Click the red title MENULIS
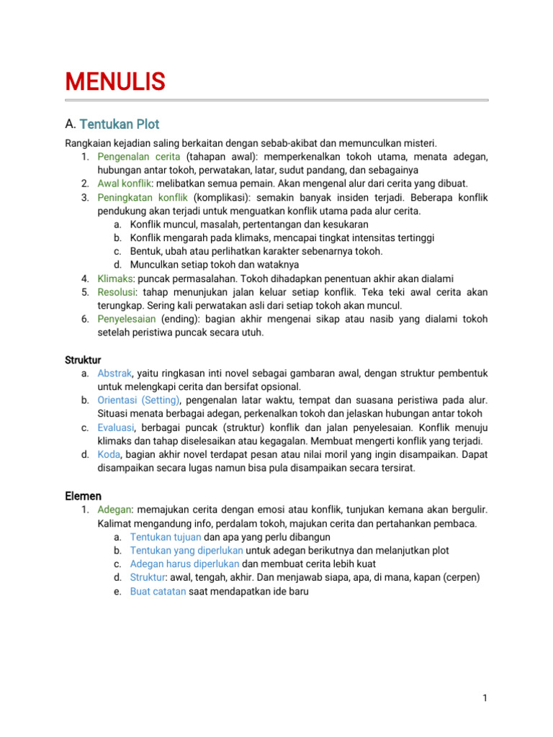[x=115, y=81]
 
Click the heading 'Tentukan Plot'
[x=120, y=124]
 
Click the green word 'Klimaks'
[x=115, y=279]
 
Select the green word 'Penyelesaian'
[x=127, y=319]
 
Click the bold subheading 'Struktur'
[x=83, y=360]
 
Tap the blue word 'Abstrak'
[x=114, y=374]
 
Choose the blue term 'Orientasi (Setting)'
[x=140, y=400]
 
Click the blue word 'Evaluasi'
[x=115, y=428]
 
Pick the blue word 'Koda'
[x=109, y=454]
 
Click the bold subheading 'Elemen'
[x=83, y=496]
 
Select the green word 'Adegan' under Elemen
[x=114, y=510]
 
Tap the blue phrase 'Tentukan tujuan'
[x=166, y=537]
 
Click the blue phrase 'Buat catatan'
[x=158, y=591]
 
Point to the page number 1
[x=486, y=698]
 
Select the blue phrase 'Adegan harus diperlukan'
[x=185, y=564]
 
